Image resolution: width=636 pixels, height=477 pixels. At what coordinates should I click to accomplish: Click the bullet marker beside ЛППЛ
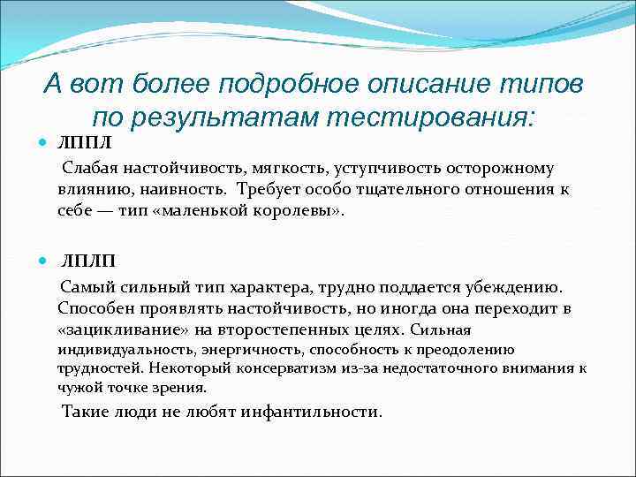44,143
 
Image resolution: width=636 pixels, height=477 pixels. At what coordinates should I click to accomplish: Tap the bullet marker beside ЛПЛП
44,261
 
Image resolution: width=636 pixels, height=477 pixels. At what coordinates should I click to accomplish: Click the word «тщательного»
380,190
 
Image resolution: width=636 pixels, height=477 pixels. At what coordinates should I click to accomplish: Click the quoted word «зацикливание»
115,329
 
